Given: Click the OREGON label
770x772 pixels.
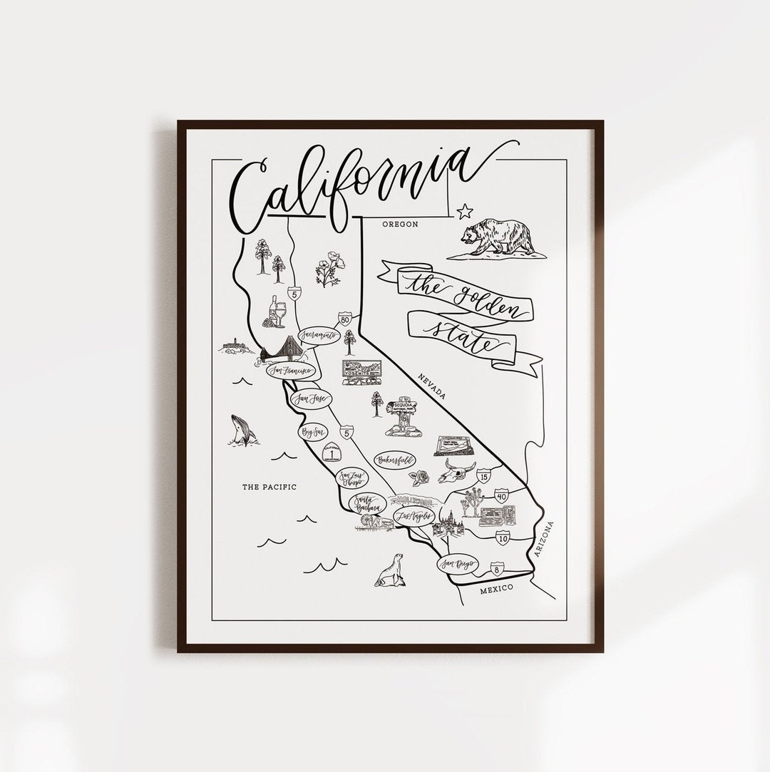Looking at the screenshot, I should point(399,224).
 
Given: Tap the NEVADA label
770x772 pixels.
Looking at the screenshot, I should point(432,386).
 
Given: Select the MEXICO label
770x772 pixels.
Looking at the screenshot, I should point(497,590).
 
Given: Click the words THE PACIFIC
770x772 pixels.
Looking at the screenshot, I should point(269,488).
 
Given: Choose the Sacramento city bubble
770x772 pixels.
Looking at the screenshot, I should point(317,334).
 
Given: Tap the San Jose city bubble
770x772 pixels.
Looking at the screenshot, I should point(309,399).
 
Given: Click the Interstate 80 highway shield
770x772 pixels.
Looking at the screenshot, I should point(345,319).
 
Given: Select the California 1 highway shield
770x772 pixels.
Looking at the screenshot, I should point(330,453).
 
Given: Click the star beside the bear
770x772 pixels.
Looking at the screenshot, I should point(465,210).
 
